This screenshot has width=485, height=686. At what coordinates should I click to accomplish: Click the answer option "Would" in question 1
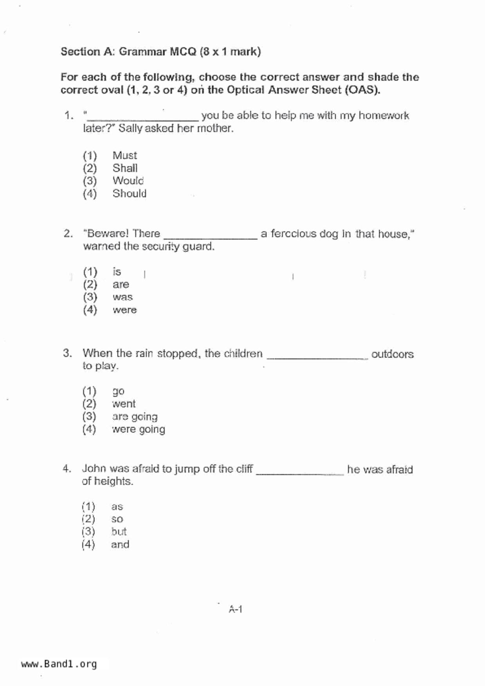click(x=128, y=181)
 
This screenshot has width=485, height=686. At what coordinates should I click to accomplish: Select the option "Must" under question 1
click(x=124, y=155)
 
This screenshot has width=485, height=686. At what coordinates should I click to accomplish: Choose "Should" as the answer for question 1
click(x=129, y=194)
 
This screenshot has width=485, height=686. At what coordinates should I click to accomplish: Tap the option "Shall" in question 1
click(x=125, y=168)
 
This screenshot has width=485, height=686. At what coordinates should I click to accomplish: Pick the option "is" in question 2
click(x=117, y=271)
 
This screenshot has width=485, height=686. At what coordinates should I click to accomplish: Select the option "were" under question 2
click(x=124, y=310)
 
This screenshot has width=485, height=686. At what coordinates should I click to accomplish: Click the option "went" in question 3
click(x=124, y=404)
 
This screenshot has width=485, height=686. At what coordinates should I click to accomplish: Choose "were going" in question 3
click(x=139, y=429)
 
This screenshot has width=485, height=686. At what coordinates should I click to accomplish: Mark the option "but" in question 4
click(x=119, y=532)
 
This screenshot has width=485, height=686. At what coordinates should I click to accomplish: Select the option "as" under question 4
click(x=117, y=506)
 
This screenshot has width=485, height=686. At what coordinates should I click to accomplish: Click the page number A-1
click(x=236, y=609)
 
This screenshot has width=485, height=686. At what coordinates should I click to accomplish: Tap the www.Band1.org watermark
click(x=59, y=664)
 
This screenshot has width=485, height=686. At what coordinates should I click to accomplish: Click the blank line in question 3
click(x=317, y=357)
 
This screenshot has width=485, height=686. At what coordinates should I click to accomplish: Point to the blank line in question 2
click(x=211, y=237)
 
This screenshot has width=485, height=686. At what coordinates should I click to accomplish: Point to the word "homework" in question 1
click(x=384, y=115)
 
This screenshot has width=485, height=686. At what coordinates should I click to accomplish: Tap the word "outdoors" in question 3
click(x=392, y=354)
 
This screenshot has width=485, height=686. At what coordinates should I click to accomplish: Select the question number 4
click(x=67, y=469)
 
